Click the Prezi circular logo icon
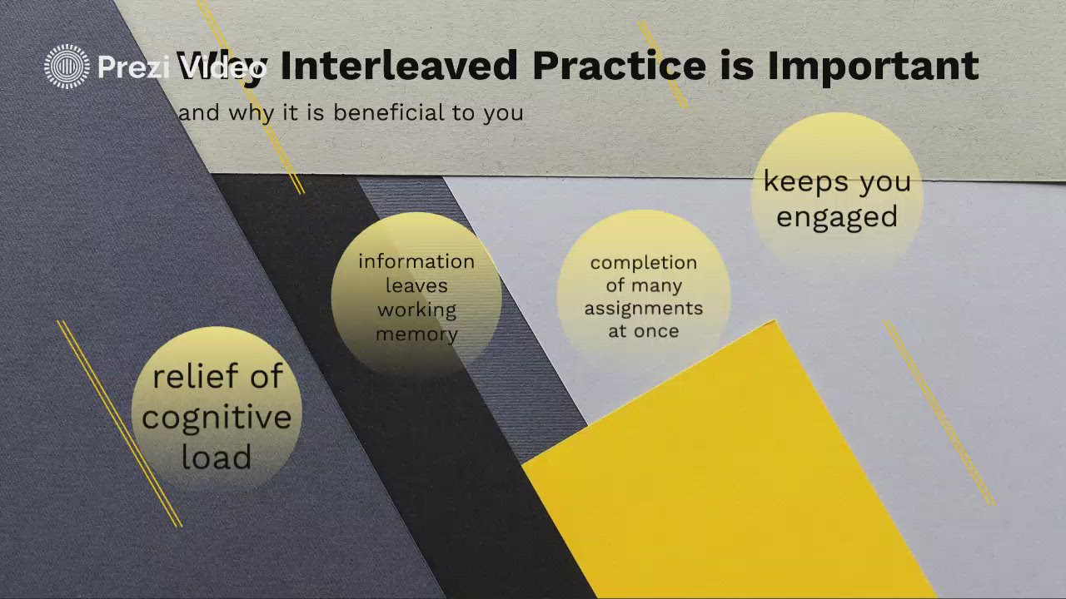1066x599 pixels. [x=67, y=67]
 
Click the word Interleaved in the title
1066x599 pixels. [x=398, y=67]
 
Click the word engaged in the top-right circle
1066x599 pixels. [x=837, y=217]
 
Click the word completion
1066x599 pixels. [x=643, y=263]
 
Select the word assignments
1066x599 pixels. [x=643, y=309]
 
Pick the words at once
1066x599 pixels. [x=643, y=331]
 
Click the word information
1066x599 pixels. [x=416, y=261]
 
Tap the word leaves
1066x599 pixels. [x=416, y=285]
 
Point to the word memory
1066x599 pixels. [x=416, y=334]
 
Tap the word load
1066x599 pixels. [x=217, y=457]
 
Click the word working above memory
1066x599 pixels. [x=416, y=310]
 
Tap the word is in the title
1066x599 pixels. [x=737, y=67]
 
